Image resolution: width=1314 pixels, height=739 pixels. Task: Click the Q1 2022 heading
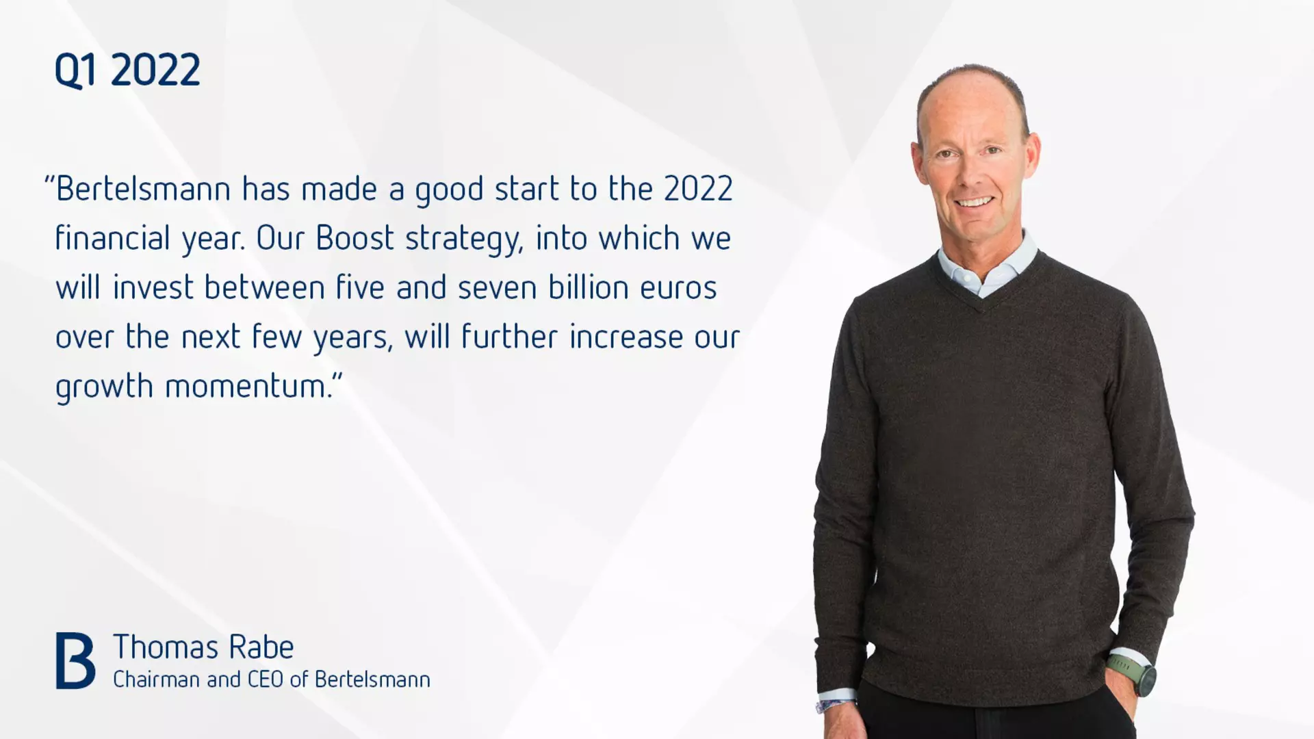[127, 70]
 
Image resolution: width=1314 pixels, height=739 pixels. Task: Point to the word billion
[589, 287]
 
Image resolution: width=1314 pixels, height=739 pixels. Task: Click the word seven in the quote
[498, 288]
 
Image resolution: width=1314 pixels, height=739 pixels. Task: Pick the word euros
[679, 288]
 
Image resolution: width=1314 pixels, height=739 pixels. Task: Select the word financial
[112, 238]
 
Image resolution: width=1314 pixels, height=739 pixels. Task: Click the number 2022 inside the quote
[698, 189]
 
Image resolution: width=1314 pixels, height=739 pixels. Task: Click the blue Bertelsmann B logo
[75, 660]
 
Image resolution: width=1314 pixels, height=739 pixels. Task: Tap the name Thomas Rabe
[203, 647]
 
